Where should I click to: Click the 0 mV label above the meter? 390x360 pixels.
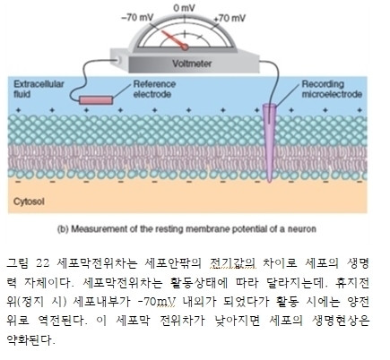click(x=184, y=8)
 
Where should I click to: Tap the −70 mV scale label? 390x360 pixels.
click(x=137, y=18)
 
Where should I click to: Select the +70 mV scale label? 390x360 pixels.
click(x=230, y=18)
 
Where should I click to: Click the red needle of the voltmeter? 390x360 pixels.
click(x=174, y=39)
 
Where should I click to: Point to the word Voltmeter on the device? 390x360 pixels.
click(x=192, y=64)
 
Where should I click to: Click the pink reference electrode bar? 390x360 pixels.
click(x=96, y=100)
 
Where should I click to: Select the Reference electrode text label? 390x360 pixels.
click(x=154, y=89)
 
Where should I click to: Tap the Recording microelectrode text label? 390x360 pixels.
click(x=332, y=89)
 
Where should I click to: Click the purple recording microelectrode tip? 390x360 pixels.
click(x=270, y=180)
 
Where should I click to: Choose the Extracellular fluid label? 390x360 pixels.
click(x=39, y=89)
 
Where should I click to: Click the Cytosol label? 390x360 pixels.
click(x=29, y=201)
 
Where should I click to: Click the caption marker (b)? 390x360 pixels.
click(x=63, y=229)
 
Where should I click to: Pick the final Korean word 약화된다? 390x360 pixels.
click(x=30, y=339)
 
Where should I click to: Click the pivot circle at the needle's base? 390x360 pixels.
click(x=186, y=47)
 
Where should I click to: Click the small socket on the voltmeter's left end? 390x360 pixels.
click(x=119, y=61)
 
